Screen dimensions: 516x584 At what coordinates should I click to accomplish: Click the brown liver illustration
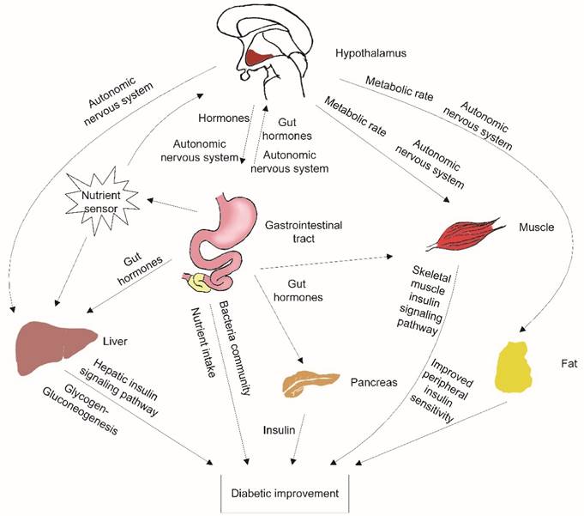coord(55,349)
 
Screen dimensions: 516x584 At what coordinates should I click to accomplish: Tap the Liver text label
coord(114,341)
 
